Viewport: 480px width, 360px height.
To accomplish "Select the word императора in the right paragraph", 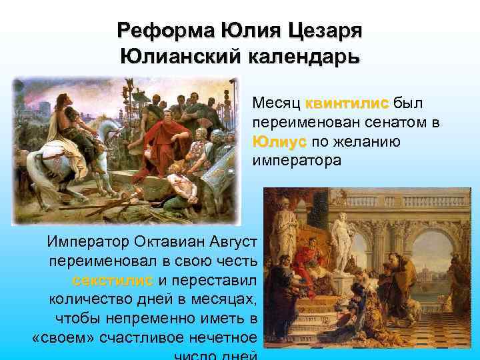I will (296, 161).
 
